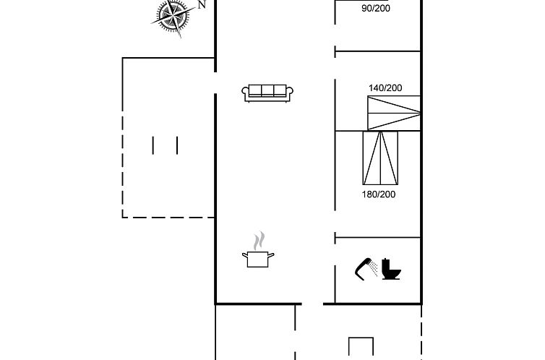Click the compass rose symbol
click(173, 17)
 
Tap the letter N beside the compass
click(202, 4)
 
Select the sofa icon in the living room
click(267, 93)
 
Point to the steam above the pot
click(259, 241)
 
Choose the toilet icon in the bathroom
click(391, 269)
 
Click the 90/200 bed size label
click(376, 8)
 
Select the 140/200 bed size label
click(385, 88)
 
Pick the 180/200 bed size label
click(379, 194)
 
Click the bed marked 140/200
click(394, 113)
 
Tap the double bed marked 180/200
click(380, 158)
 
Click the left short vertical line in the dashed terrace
click(153, 145)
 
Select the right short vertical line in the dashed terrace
click(177, 145)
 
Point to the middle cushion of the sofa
click(267, 90)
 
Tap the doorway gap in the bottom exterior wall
click(312, 304)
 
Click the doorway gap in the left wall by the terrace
click(215, 82)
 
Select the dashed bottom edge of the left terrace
click(168, 218)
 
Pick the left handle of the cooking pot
click(245, 255)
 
